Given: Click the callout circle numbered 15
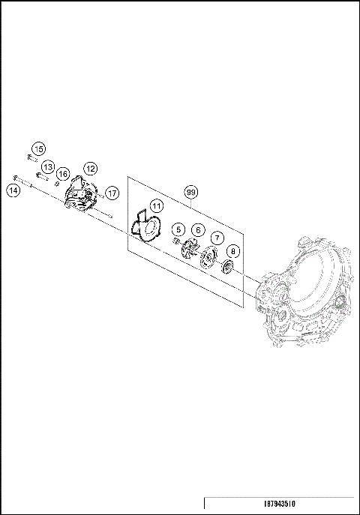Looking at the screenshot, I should coord(38,148).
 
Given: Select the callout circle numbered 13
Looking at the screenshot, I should coord(47,166).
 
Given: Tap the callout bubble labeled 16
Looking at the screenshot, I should coord(64,174).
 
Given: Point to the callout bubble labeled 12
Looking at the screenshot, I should coord(90,168).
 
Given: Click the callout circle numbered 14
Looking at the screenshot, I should coord(13,190).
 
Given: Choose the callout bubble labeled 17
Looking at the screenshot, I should coord(112,193).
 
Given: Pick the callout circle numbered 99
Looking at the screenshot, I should coord(191,193).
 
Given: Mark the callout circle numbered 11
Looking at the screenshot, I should coord(155,205).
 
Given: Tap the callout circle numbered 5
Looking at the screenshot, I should coord(178,229).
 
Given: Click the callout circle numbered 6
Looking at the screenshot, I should coord(198,229).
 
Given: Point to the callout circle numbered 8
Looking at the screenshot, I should coord(233,251).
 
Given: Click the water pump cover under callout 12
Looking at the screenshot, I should coord(80,197).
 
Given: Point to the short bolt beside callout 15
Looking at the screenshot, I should coord(31,158).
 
